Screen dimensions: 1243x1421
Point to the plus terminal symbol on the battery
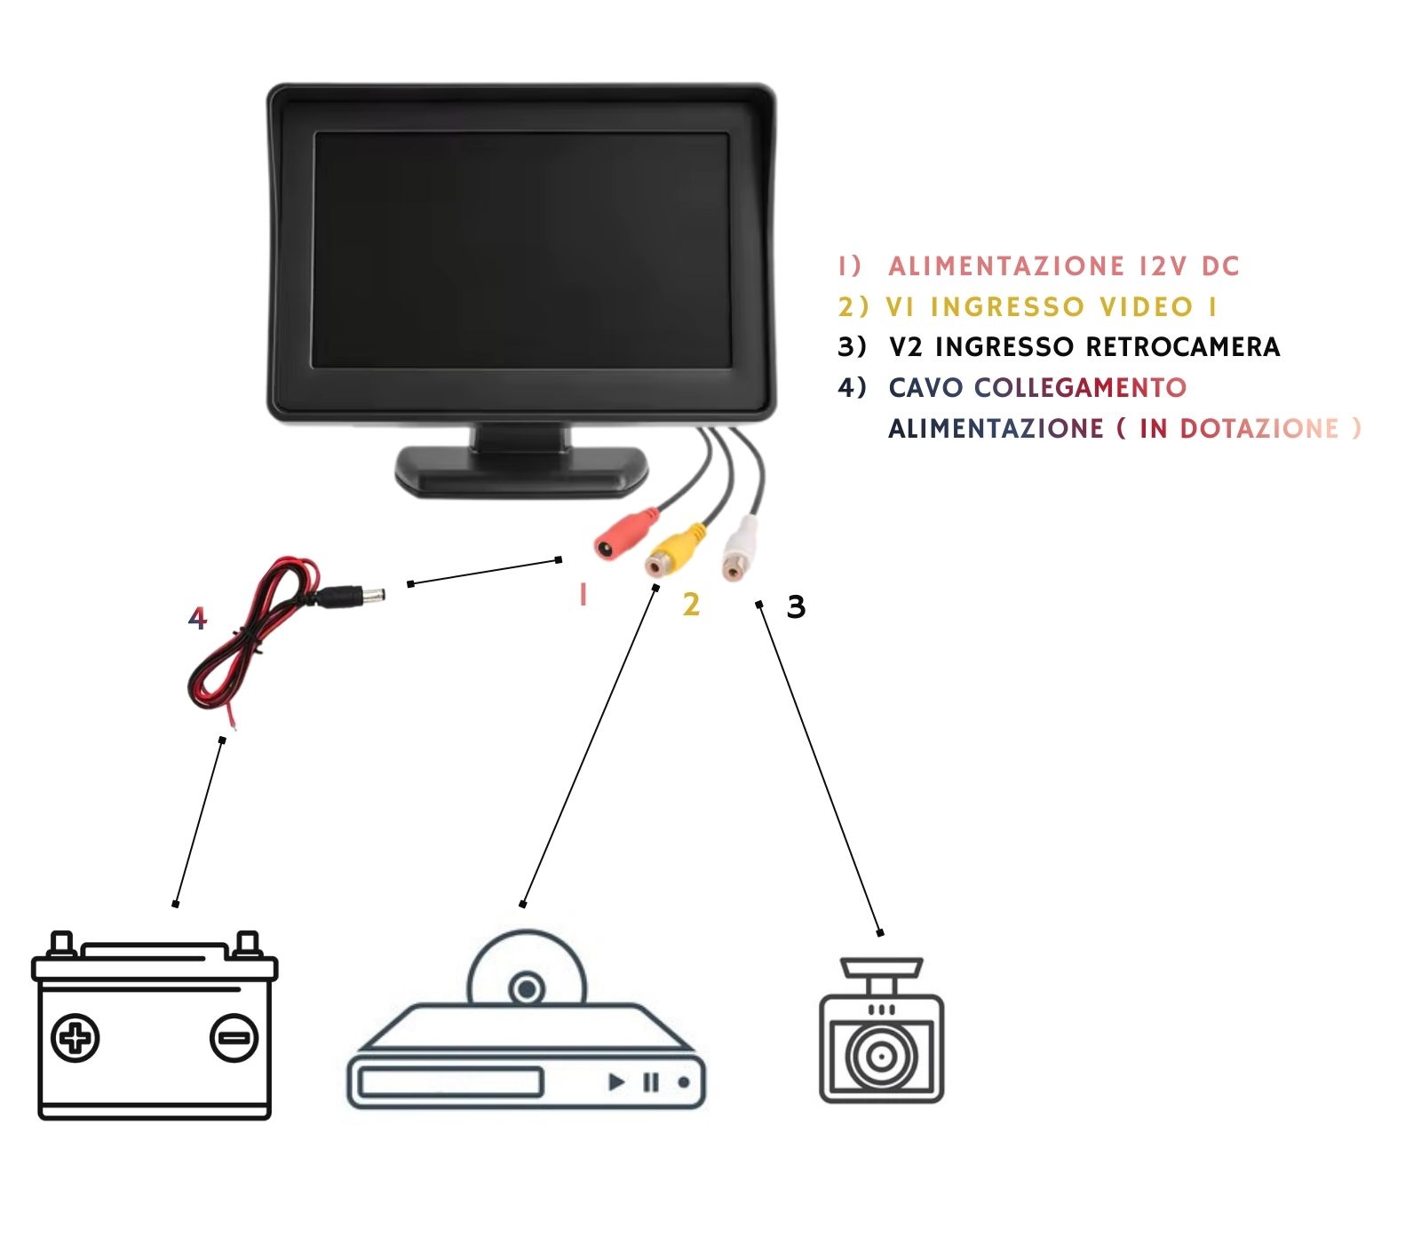coord(76,1038)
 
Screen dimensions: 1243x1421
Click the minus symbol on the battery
coord(234,1038)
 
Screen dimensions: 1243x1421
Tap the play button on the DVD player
coord(615,1081)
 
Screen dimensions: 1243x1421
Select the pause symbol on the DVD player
coord(651,1081)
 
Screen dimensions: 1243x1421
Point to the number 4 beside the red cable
coord(197,618)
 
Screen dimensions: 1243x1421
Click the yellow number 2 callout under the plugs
coord(691,606)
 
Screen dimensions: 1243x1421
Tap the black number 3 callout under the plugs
coord(796,607)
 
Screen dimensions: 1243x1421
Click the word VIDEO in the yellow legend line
coord(1146,307)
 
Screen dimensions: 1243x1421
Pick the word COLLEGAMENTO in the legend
coord(1080,388)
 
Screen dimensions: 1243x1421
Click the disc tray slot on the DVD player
coord(449,1082)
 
